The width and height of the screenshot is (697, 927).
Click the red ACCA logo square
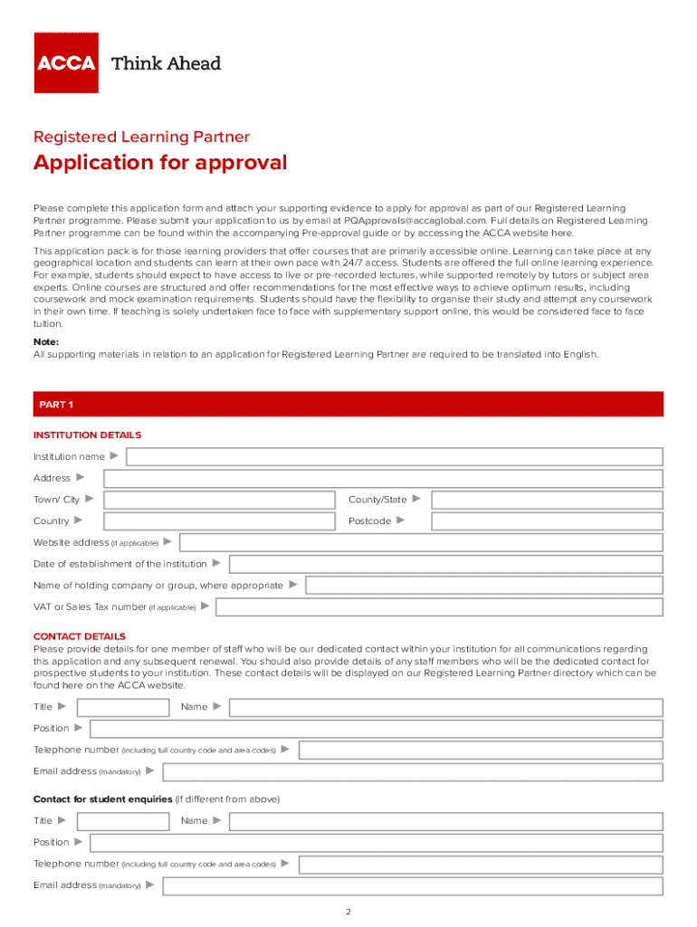[x=66, y=62]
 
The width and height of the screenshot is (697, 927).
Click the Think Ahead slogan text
[x=166, y=63]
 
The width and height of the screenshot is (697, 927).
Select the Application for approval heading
[x=160, y=163]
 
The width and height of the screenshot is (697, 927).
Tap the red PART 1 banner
[x=348, y=403]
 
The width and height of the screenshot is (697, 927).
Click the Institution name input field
[x=394, y=456]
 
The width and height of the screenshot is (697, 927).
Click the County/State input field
[x=547, y=500]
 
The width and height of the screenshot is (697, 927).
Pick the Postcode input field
[x=547, y=521]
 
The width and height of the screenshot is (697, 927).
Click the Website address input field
[x=421, y=542]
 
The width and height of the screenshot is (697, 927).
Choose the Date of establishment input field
[x=445, y=564]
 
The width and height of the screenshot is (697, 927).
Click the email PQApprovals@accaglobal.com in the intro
[x=415, y=220]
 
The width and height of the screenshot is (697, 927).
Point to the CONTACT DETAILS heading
[x=80, y=636]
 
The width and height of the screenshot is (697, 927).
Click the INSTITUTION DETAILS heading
[x=87, y=435]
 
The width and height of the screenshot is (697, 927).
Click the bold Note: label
[x=46, y=342]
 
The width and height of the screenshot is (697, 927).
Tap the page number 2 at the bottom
[x=348, y=911]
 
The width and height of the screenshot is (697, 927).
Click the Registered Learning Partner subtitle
[x=141, y=138]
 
